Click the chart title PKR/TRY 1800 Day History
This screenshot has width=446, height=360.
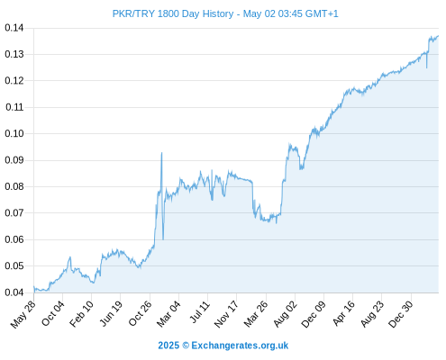pyautogui.click(x=173, y=13)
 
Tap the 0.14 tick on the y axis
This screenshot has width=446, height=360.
pyautogui.click(x=14, y=28)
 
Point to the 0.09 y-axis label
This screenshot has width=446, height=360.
pyautogui.click(x=14, y=160)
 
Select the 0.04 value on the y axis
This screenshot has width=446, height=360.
pyautogui.click(x=14, y=292)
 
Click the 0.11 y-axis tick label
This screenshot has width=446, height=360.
pyautogui.click(x=14, y=107)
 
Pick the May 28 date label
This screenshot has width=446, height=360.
pyautogui.click(x=23, y=314)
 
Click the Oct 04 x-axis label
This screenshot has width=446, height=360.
pyautogui.click(x=53, y=313)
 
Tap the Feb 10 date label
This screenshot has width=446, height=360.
pyautogui.click(x=82, y=314)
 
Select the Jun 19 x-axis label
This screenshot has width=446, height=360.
pyautogui.click(x=111, y=313)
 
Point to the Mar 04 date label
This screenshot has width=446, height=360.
pyautogui.click(x=168, y=314)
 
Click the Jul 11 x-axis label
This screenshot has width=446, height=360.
pyautogui.click(x=199, y=312)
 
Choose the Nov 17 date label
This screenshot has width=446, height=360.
pyautogui.click(x=226, y=314)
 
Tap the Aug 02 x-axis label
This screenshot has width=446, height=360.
pyautogui.click(x=286, y=314)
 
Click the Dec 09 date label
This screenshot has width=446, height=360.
pyautogui.click(x=314, y=314)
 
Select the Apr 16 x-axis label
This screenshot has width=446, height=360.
pyautogui.click(x=343, y=313)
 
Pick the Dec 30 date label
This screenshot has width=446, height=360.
pyautogui.click(x=401, y=314)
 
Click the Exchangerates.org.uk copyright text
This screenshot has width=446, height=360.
pyautogui.click(x=223, y=346)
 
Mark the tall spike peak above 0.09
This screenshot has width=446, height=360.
pyautogui.click(x=161, y=153)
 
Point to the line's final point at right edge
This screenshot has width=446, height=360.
pyautogui.click(x=438, y=36)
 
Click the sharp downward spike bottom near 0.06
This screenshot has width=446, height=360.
pyautogui.click(x=163, y=239)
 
